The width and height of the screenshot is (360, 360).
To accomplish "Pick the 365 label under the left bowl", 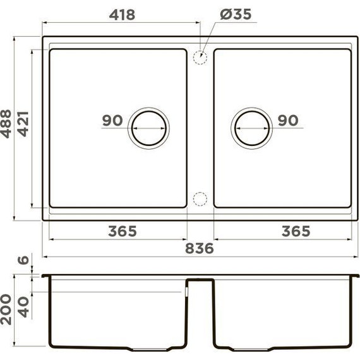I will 122,231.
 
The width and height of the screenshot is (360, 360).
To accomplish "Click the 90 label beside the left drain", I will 112,120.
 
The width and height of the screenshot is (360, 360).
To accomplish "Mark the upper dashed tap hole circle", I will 200,57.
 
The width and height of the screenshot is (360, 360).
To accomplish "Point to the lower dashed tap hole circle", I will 200,198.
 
